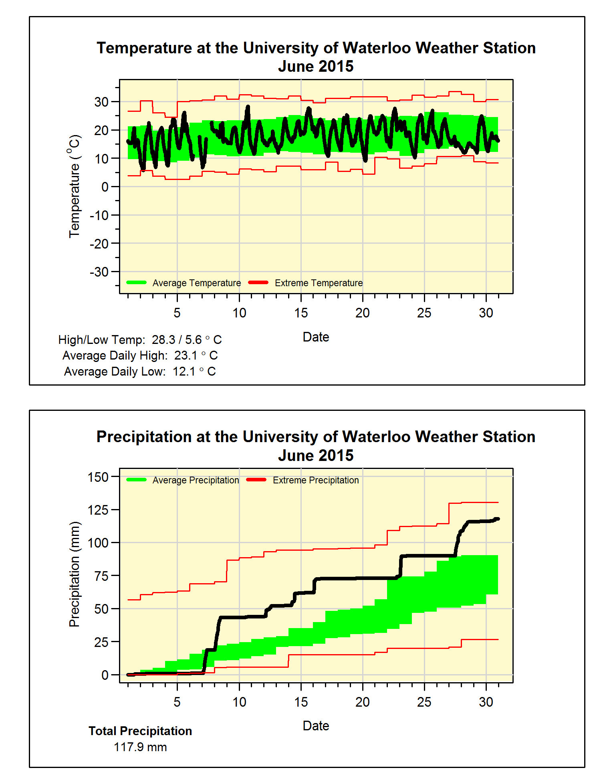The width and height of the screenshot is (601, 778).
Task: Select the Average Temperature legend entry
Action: [x=196, y=283]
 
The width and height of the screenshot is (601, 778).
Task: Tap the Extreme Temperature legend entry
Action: [x=319, y=283]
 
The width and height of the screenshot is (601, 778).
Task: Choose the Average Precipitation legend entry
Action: [x=196, y=480]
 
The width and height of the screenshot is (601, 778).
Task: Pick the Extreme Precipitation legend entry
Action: [x=316, y=480]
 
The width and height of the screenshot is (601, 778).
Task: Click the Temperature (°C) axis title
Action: [x=75, y=186]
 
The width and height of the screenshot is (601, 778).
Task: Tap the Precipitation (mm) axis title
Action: [x=75, y=574]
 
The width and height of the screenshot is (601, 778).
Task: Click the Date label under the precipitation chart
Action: [x=316, y=725]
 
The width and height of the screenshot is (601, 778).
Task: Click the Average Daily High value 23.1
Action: [x=186, y=356]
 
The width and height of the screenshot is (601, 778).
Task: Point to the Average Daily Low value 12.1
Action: [x=184, y=372]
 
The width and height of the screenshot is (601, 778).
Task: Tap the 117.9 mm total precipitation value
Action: [x=140, y=747]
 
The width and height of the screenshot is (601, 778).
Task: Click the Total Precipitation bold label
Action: [x=140, y=731]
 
